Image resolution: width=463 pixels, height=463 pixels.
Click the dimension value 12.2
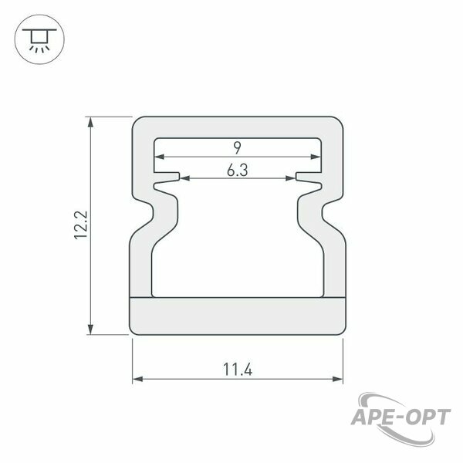click(x=80, y=225)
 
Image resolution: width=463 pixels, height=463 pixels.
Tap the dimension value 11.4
click(x=238, y=370)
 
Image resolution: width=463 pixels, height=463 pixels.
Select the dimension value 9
click(x=238, y=147)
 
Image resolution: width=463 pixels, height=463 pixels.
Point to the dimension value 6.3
click(x=238, y=171)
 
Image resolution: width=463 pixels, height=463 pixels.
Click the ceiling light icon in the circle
click(x=39, y=39)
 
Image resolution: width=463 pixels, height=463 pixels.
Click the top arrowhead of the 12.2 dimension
click(x=90, y=122)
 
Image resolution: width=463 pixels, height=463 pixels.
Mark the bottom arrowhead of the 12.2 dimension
click(x=90, y=330)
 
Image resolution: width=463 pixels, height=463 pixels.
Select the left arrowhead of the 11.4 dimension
click(x=137, y=379)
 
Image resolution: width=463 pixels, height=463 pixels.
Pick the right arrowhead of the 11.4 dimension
click(x=337, y=379)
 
